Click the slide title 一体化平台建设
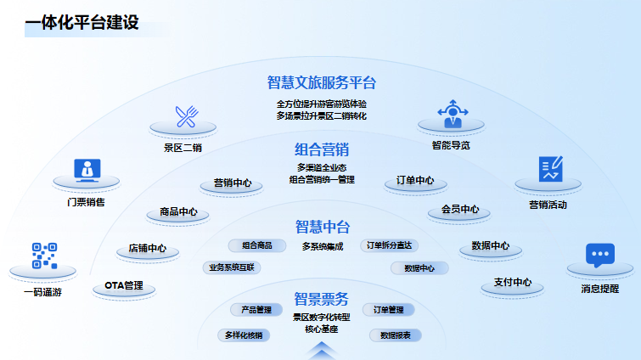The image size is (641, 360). (x=82, y=23)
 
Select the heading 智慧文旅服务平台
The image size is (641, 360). (x=321, y=82)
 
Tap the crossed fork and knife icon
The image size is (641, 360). (x=187, y=116)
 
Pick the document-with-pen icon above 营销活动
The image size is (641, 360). (x=549, y=169)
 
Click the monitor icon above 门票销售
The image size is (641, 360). (x=85, y=170)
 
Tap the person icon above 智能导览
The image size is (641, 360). (x=451, y=114)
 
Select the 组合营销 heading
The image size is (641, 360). (x=321, y=149)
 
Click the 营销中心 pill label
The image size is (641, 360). (x=232, y=183)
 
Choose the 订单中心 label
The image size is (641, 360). (x=415, y=182)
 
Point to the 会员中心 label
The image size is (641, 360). (x=460, y=210)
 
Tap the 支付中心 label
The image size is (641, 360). (x=513, y=283)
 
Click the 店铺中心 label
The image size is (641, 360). (x=147, y=250)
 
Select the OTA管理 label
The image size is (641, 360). (x=124, y=285)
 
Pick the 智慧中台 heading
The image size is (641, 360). (x=322, y=227)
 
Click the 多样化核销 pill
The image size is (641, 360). (x=244, y=335)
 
